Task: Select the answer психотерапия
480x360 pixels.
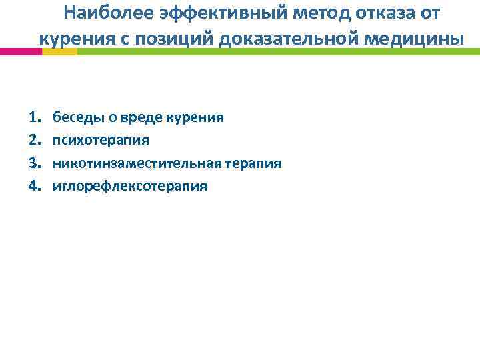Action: (101, 140)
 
